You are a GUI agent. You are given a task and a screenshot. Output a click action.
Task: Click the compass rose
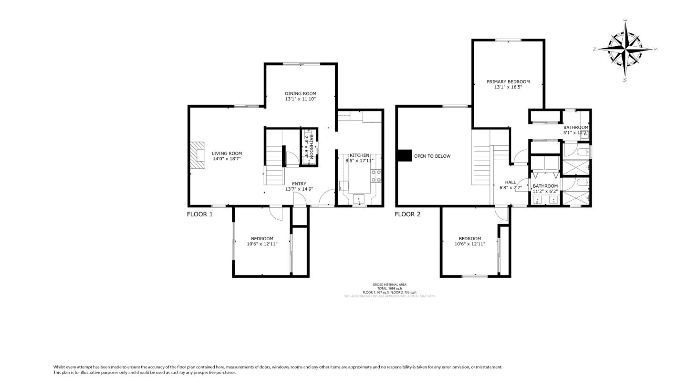coord(625,49)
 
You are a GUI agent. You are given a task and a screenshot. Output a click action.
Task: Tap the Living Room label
coord(227,153)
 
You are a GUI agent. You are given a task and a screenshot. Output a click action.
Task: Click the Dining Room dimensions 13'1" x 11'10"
coord(301,99)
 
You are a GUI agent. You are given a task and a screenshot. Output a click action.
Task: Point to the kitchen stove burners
coord(375,176)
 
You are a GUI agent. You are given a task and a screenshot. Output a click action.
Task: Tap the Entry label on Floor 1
coord(299,184)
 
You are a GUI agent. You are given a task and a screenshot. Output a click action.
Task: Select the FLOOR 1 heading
coord(199,214)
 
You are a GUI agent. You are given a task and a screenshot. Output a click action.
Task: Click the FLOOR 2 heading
coord(407,214)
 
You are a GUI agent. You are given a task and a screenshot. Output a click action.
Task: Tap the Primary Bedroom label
coord(508,82)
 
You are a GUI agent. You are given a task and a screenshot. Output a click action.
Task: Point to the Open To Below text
coord(432,156)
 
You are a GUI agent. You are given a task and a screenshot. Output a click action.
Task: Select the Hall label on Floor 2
coord(510,182)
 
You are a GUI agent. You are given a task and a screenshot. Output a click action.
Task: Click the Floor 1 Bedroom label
coord(262,239)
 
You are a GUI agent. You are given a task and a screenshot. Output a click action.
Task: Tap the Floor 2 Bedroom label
coord(470,239)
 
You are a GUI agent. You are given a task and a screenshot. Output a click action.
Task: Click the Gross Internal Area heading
coord(389,284)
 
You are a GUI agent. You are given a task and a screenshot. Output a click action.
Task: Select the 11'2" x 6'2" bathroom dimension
coord(545,192)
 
